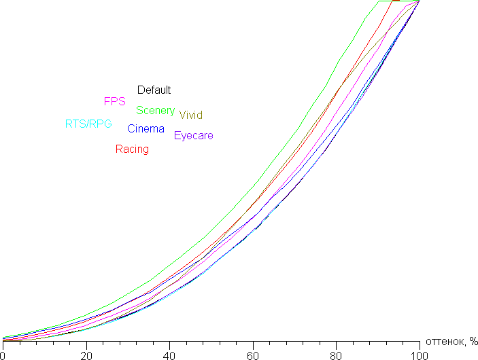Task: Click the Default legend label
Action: pos(154,90)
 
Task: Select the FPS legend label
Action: pos(114,101)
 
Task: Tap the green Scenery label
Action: pos(155,110)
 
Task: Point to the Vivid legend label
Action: pos(190,115)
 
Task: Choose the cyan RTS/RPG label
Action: pos(88,124)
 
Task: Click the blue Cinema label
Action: pos(146,128)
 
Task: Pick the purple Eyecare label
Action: pos(193,135)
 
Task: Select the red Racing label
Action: pos(132,149)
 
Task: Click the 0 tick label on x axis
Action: pos(3,355)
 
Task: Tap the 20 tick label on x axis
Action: pos(86,355)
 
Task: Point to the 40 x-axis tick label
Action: pos(169,355)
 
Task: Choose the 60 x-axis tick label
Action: pos(252,355)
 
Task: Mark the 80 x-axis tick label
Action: pos(336,355)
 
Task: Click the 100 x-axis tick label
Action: pos(419,355)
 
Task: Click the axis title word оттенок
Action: pos(445,340)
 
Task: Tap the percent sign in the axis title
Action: pos(473,340)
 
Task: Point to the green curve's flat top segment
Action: pos(388,1)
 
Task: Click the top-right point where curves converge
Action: pos(419,1)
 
